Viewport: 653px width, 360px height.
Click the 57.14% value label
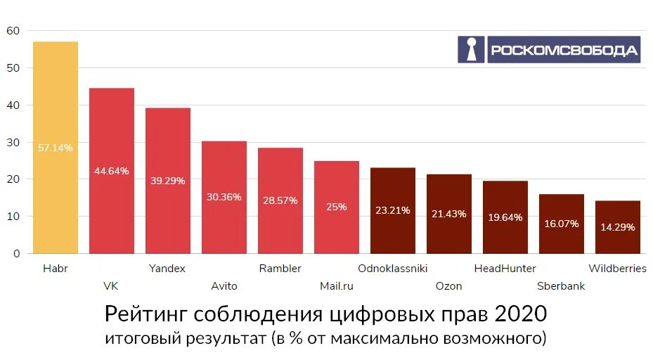tap(56, 148)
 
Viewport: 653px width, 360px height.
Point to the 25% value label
tap(336, 207)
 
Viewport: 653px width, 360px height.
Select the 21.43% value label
tap(448, 214)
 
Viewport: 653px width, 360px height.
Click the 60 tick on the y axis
tap(13, 31)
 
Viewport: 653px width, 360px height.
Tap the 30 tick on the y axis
tap(13, 142)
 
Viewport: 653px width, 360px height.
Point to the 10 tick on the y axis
tap(13, 216)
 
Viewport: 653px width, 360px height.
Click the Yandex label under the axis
tap(167, 269)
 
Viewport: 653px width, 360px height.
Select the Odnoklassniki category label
tap(392, 269)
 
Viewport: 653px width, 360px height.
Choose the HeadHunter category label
tap(505, 269)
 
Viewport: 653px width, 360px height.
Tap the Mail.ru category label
tap(336, 286)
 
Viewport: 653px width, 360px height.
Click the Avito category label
tap(224, 286)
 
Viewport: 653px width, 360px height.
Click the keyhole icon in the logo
tap(472, 50)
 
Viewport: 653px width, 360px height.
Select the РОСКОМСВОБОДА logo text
tap(564, 51)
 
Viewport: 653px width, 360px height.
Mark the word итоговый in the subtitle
tap(136, 338)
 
